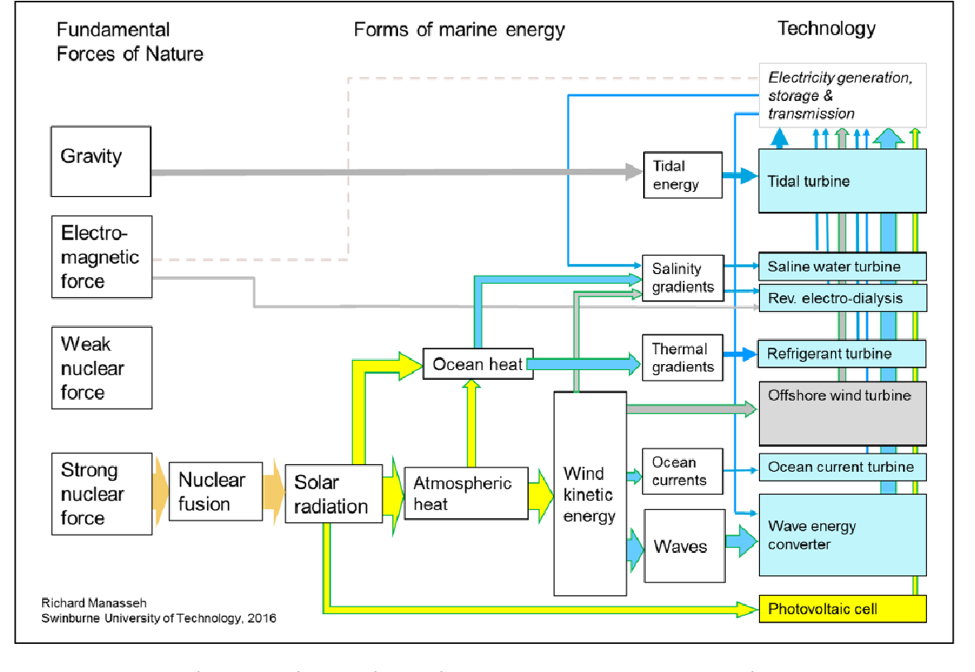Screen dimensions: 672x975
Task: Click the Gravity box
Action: coord(101,161)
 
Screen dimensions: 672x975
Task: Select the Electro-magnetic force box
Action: coord(101,257)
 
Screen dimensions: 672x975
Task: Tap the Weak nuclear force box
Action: coord(101,367)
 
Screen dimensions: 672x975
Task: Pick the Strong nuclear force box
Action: coord(101,494)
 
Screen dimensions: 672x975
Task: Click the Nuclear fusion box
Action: coord(215,492)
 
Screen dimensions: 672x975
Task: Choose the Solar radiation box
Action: coord(333,494)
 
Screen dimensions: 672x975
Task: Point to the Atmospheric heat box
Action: coord(465,493)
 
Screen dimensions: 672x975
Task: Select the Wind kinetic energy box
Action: coord(589,494)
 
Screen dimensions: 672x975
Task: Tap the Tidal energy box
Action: coord(682,175)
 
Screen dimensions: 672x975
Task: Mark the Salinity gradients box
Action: coord(683,278)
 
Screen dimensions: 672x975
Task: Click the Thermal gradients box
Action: coord(683,358)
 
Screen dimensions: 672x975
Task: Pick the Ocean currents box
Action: coord(683,471)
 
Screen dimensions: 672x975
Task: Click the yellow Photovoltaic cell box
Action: coord(842,609)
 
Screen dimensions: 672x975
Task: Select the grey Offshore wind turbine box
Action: coord(842,414)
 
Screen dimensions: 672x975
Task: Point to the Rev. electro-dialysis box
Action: coord(842,298)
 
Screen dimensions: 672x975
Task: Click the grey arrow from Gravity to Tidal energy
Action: coord(389,172)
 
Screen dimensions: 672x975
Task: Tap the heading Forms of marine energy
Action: coord(459,31)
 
